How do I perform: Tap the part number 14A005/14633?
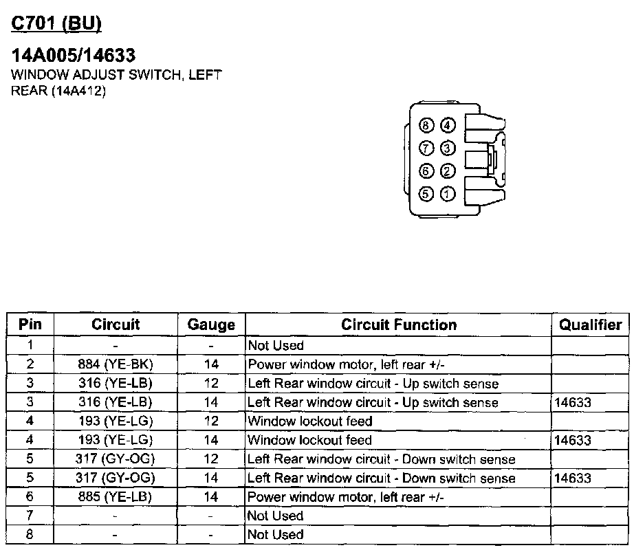pyautogui.click(x=74, y=55)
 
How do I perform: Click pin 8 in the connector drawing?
pyautogui.click(x=426, y=125)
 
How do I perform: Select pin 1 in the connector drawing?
pyautogui.click(x=448, y=193)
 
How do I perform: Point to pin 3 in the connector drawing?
pyautogui.click(x=448, y=148)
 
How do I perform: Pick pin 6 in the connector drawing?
pyautogui.click(x=426, y=170)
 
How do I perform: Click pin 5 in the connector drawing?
pyautogui.click(x=426, y=193)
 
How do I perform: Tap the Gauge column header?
pyautogui.click(x=211, y=325)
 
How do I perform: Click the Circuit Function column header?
pyautogui.click(x=399, y=325)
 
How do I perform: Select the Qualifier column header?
pyautogui.click(x=590, y=325)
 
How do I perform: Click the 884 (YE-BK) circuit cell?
pyautogui.click(x=116, y=364)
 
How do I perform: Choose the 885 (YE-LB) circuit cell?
pyautogui.click(x=116, y=496)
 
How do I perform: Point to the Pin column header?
pyautogui.click(x=30, y=325)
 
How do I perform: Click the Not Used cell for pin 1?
pyautogui.click(x=275, y=345)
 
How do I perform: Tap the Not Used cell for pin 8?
pyautogui.click(x=275, y=534)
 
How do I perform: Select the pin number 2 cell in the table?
pyautogui.click(x=30, y=364)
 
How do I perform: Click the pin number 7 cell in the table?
pyautogui.click(x=30, y=516)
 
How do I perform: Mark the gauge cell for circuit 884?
pyautogui.click(x=211, y=364)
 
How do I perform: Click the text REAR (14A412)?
pyautogui.click(x=58, y=91)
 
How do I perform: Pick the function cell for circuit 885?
pyautogui.click(x=346, y=496)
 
